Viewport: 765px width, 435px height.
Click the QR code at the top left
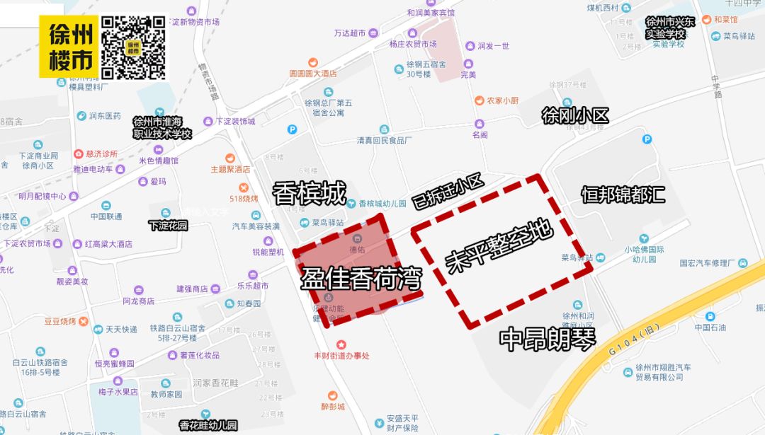134,47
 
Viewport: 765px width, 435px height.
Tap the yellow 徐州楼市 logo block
69,47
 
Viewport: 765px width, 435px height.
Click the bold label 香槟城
310,192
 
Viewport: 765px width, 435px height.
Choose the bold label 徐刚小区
575,115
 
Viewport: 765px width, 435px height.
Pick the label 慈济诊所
101,153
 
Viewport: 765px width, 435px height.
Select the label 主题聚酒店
231,170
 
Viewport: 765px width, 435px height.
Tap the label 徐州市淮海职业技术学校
163,127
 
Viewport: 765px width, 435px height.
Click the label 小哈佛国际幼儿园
644,254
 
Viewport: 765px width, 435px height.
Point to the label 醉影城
332,407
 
